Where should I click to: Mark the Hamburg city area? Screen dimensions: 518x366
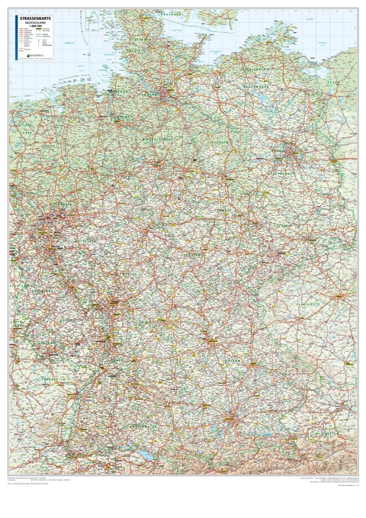point(167,95)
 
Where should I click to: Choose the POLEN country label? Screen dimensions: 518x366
point(347,153)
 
